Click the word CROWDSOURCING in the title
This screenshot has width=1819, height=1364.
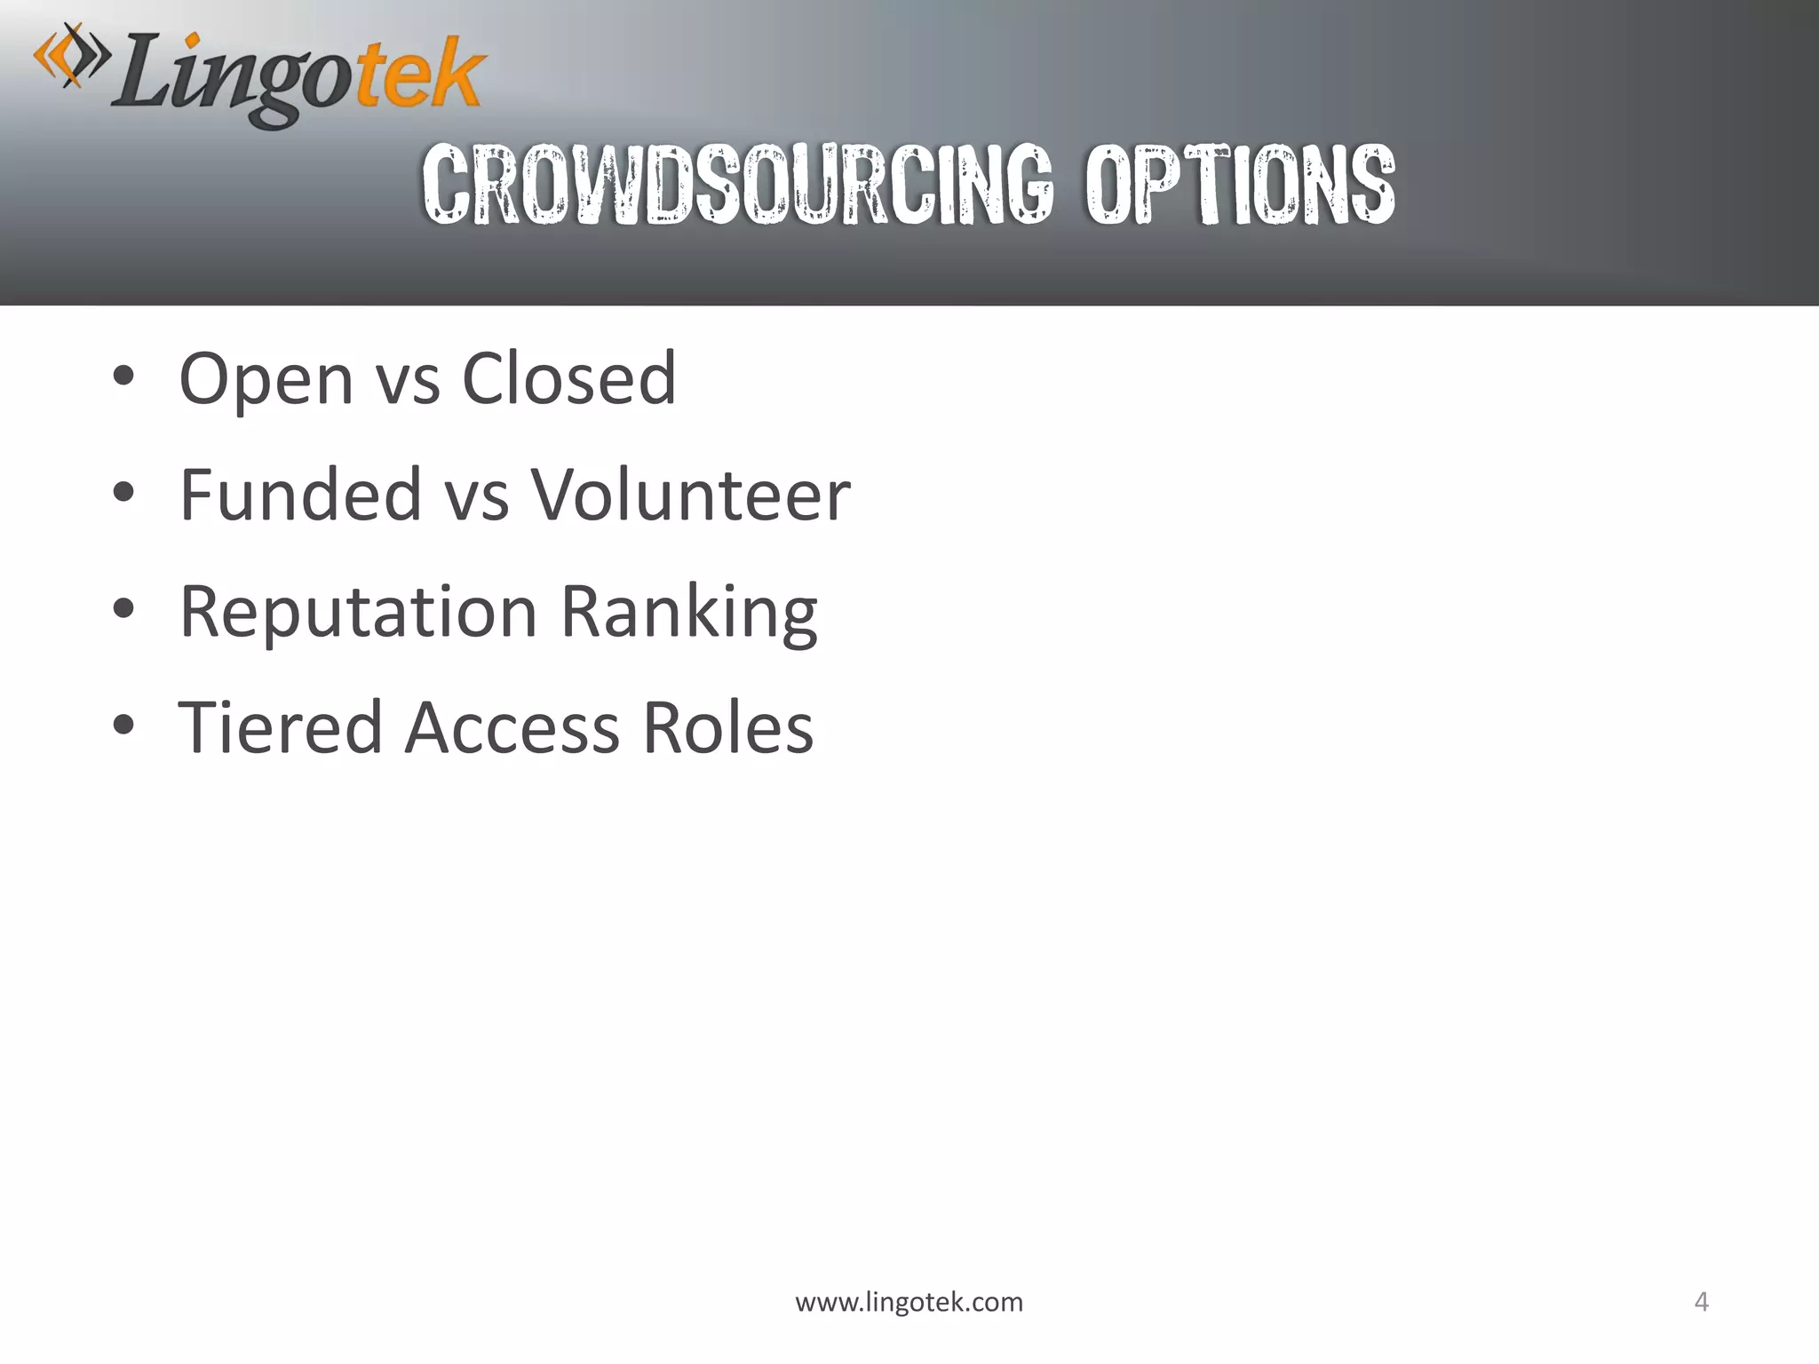click(737, 185)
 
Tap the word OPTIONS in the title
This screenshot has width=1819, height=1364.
click(1240, 185)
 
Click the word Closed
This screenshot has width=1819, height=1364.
click(568, 378)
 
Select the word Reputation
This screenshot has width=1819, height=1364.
click(358, 613)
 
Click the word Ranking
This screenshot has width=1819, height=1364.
click(688, 613)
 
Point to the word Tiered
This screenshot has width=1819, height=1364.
click(280, 727)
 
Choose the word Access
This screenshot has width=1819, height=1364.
click(512, 727)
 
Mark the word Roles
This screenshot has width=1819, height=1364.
click(727, 727)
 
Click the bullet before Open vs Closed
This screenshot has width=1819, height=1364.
click(123, 377)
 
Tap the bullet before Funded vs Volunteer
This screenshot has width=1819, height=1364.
click(123, 492)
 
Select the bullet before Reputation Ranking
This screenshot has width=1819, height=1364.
click(123, 609)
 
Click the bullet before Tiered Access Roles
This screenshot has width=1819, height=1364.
click(123, 725)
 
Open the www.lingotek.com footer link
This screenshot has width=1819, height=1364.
click(909, 1302)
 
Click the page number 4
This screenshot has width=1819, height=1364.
click(1701, 1302)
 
